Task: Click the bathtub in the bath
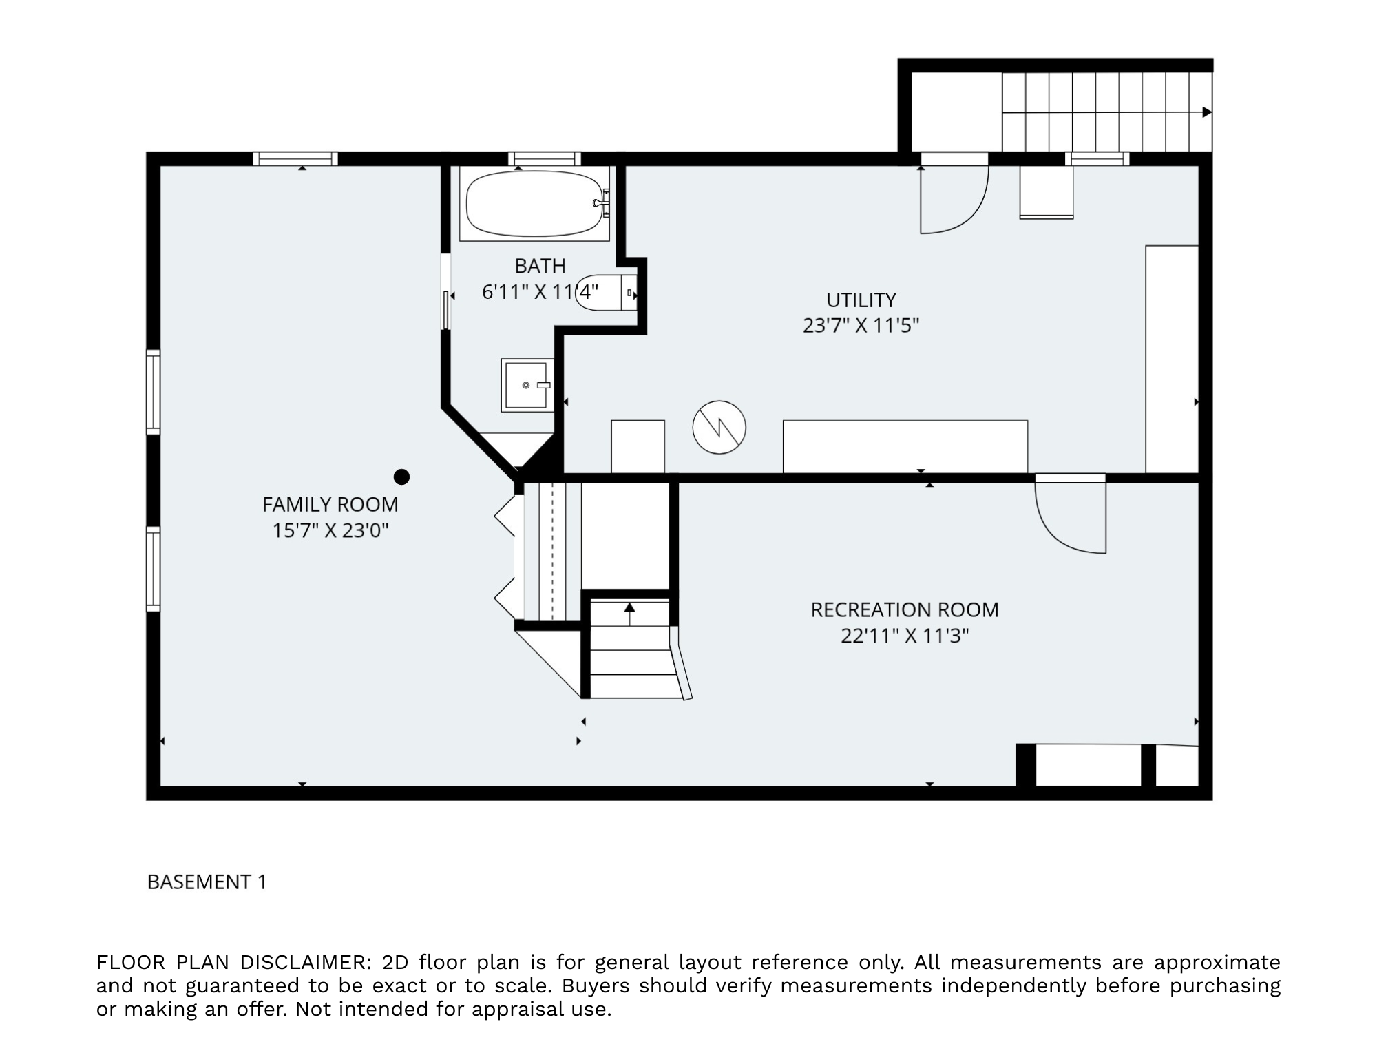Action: click(534, 204)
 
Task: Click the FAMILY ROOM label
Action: click(330, 505)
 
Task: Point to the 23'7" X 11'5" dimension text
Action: click(861, 326)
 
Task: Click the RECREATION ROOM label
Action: click(904, 610)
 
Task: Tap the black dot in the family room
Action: click(401, 477)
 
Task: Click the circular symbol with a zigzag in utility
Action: click(719, 427)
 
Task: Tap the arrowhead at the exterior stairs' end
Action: click(1206, 112)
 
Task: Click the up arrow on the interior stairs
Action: click(629, 609)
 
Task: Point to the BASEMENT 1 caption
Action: click(207, 882)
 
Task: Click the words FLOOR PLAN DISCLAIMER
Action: click(234, 962)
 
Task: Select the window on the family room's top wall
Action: click(295, 159)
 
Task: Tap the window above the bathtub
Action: click(544, 159)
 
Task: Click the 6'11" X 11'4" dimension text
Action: click(540, 293)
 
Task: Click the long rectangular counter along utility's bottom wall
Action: click(905, 446)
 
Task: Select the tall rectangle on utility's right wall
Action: click(1172, 358)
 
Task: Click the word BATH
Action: click(540, 266)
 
